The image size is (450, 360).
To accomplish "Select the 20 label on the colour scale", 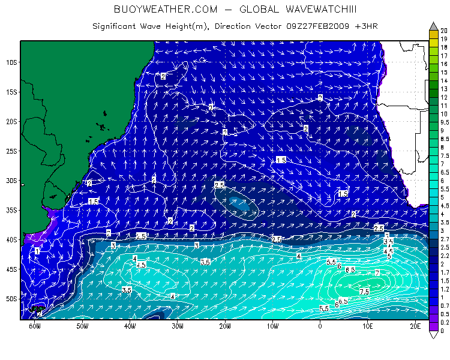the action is pos(444,29).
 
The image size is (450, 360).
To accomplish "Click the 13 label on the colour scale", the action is pos(444,88).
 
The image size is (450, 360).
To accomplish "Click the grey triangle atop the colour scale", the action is pos(433,26).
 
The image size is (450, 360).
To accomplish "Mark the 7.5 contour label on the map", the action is pos(364,291).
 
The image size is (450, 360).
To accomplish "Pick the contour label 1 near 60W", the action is pos(37,251).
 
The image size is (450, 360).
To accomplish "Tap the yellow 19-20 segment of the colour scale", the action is pos(433,34).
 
